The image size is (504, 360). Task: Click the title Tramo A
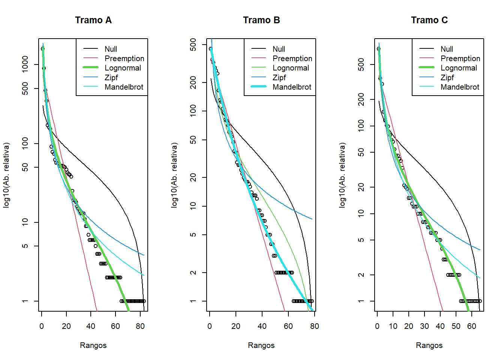click(93, 20)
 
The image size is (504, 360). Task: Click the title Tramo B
click(261, 20)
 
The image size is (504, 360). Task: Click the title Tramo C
click(429, 20)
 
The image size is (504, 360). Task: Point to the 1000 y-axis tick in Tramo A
click(25, 64)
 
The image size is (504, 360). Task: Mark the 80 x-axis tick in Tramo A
click(140, 326)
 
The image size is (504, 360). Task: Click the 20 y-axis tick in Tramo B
click(193, 177)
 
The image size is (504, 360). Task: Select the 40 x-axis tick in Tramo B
click(262, 326)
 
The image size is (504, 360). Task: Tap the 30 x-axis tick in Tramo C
click(424, 326)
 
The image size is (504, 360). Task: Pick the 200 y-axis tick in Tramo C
click(361, 99)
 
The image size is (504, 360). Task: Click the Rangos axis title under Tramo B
click(261, 345)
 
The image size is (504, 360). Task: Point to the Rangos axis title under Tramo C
click(429, 345)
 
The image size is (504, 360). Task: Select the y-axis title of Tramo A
click(6, 175)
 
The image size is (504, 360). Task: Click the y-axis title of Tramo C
click(342, 175)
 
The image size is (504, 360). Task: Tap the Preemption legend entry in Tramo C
click(460, 58)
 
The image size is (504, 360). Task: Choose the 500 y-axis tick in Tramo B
click(193, 45)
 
